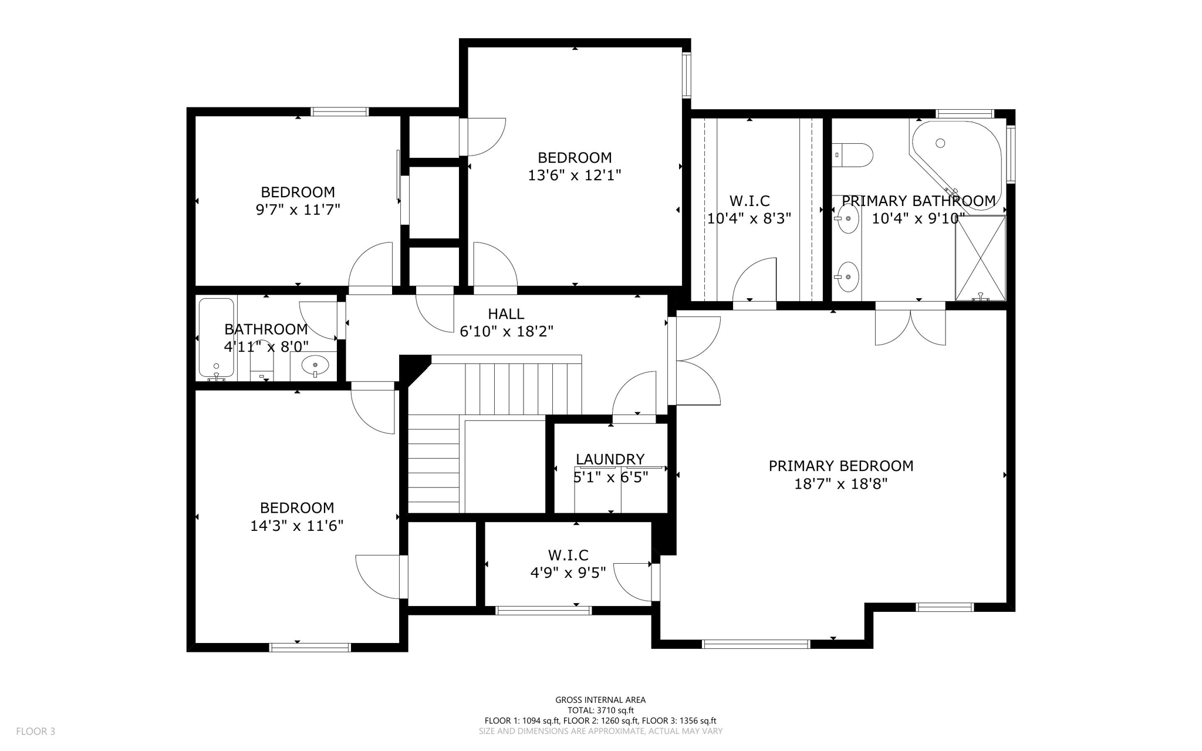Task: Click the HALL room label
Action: click(506, 314)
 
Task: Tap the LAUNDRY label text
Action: click(610, 459)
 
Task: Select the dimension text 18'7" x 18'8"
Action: click(840, 484)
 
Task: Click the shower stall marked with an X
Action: click(980, 258)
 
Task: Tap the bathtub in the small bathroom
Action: click(216, 338)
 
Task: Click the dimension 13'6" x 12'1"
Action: click(575, 175)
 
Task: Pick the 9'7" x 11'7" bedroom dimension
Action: click(298, 210)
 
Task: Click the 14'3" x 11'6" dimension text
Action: click(296, 526)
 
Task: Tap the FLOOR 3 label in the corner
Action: click(35, 731)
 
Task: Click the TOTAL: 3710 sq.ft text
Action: click(600, 710)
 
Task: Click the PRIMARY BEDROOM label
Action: click(840, 466)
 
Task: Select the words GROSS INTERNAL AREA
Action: click(600, 699)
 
